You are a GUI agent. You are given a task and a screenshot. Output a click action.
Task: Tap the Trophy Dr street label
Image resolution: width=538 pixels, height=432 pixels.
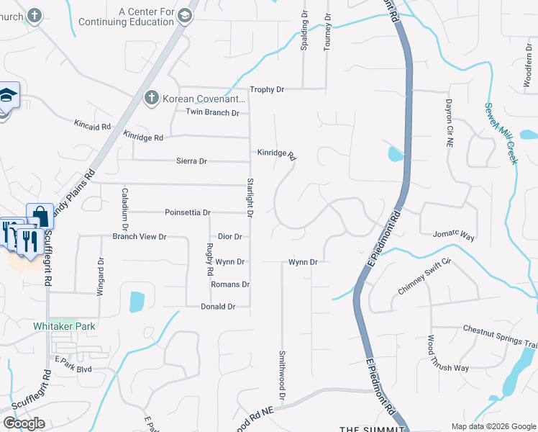(267, 90)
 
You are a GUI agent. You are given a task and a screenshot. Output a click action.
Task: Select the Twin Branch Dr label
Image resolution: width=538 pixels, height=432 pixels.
(212, 113)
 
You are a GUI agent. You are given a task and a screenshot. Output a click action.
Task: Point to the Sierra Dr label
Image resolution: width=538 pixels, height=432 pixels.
(191, 161)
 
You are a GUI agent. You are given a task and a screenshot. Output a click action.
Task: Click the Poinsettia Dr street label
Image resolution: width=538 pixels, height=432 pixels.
(187, 213)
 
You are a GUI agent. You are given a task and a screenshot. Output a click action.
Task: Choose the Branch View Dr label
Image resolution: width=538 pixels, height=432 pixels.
(139, 237)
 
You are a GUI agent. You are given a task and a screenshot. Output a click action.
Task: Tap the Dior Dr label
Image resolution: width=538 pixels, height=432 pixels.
(229, 237)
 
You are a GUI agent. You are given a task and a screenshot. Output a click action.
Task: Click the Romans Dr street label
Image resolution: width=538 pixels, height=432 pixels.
(229, 285)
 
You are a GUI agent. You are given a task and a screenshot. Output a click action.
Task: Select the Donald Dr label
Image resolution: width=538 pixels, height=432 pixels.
(218, 307)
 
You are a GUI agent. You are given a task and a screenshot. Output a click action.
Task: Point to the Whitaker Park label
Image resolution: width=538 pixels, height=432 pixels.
(64, 326)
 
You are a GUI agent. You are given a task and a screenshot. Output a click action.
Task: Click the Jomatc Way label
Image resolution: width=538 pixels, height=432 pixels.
(454, 235)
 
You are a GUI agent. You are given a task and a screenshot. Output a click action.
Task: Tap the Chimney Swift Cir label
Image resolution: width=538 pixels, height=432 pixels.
(424, 276)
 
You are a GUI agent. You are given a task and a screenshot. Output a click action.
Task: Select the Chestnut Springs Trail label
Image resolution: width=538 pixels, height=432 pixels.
(499, 336)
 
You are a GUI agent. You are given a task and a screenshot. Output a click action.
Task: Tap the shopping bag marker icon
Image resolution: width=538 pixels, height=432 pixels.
(40, 215)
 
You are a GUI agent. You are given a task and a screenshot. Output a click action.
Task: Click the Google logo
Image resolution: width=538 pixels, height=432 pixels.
(24, 423)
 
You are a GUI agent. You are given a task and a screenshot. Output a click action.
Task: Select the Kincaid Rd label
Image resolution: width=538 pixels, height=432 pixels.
(92, 125)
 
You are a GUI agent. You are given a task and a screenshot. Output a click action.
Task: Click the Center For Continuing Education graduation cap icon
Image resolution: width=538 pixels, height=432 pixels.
(185, 15)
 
